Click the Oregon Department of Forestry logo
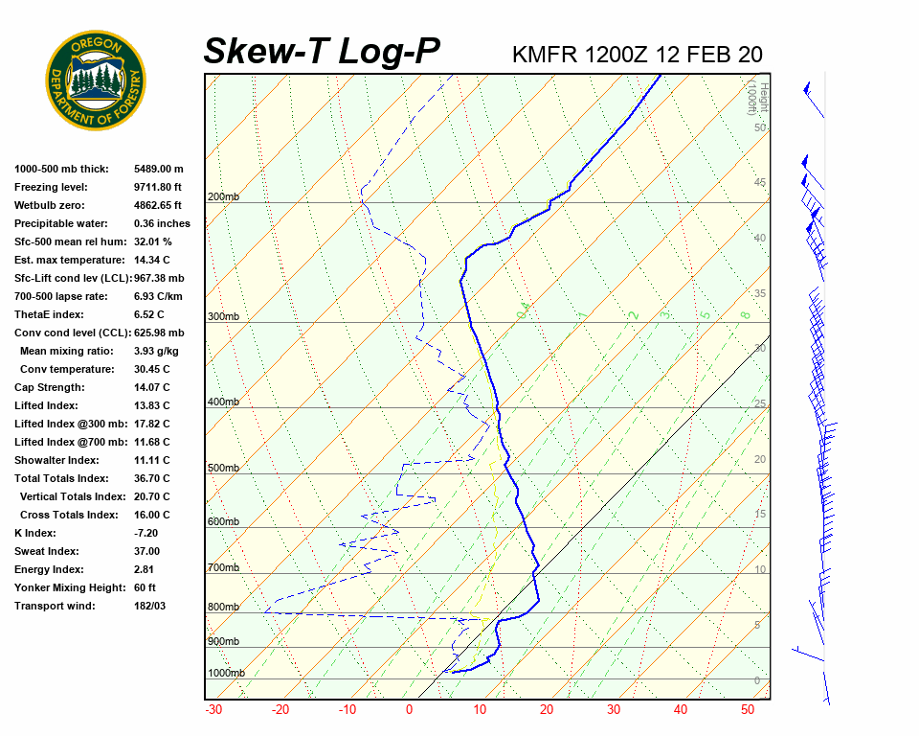(x=96, y=80)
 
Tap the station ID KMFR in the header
(x=546, y=55)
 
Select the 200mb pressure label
(x=223, y=197)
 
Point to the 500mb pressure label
(x=223, y=469)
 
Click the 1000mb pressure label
(x=226, y=674)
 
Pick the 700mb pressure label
(x=223, y=568)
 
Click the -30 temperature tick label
(x=214, y=710)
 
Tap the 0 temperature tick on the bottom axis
(x=409, y=710)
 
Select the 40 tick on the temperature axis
(x=681, y=710)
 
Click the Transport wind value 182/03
(x=149, y=606)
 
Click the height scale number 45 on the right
(x=760, y=183)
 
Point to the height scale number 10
(x=760, y=570)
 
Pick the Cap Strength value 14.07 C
(x=151, y=387)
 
